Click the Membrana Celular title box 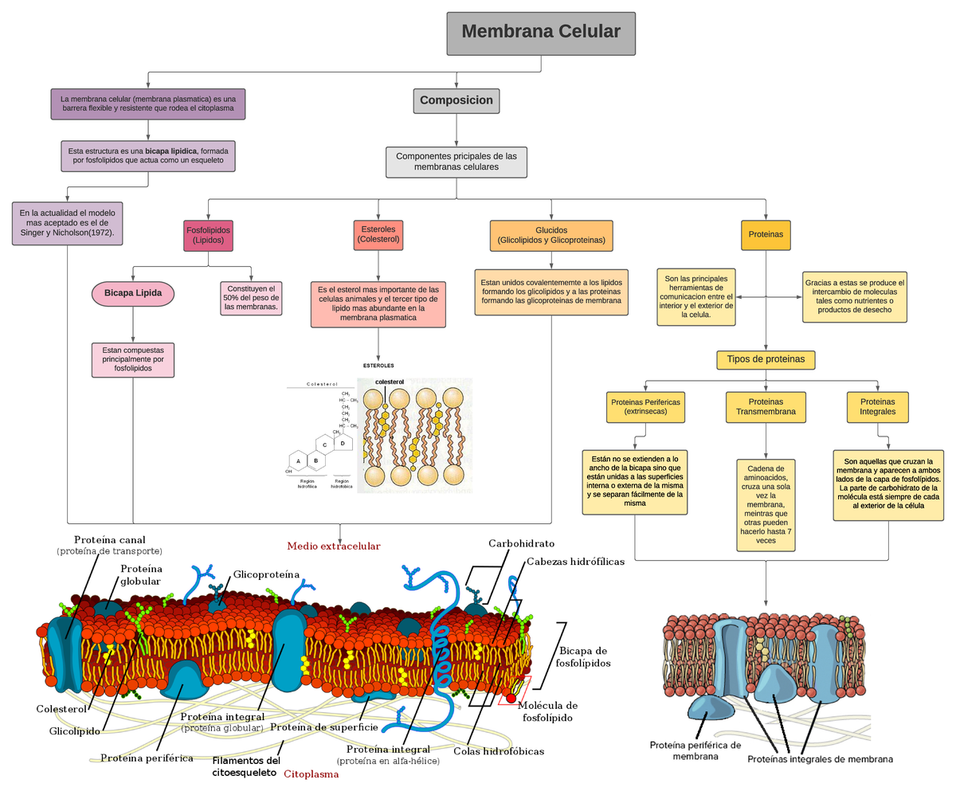541,33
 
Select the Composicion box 456,100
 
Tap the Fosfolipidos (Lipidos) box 208,235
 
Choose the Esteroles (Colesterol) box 378,233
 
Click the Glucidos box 551,235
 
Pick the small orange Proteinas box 765,235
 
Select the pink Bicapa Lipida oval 133,293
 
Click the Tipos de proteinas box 765,359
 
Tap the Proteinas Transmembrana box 765,407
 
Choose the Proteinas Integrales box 877,407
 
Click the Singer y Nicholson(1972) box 68,223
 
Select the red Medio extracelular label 334,546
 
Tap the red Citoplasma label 311,774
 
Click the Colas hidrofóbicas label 499,751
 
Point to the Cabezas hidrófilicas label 575,562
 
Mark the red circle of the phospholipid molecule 511,699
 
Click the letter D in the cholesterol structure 343,442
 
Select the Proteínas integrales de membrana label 820,759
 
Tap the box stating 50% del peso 251,297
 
